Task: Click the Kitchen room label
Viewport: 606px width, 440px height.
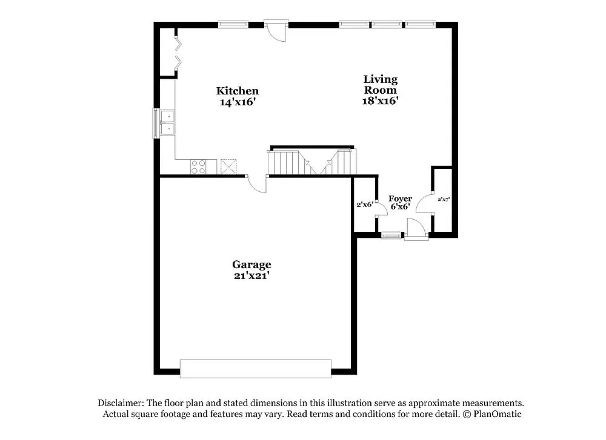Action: (238, 91)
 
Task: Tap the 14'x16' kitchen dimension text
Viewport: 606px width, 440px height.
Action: (238, 102)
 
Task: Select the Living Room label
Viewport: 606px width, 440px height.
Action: (381, 84)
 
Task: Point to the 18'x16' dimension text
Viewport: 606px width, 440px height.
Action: (381, 101)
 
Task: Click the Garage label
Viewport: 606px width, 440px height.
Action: (251, 264)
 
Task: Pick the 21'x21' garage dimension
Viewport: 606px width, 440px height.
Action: (251, 275)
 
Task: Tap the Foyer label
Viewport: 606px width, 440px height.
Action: (401, 199)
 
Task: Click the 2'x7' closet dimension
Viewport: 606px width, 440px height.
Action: (444, 199)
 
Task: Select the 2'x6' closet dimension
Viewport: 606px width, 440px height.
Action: (364, 205)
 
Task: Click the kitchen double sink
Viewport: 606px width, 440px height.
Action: (166, 122)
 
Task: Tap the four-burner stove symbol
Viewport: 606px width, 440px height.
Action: (198, 166)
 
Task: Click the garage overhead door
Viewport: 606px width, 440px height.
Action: (256, 369)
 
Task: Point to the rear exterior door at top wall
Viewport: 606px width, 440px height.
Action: (277, 30)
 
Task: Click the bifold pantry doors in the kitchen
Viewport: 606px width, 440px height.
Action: (177, 52)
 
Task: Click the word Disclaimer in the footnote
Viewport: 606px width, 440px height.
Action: (121, 403)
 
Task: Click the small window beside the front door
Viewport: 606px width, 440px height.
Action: (391, 235)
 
